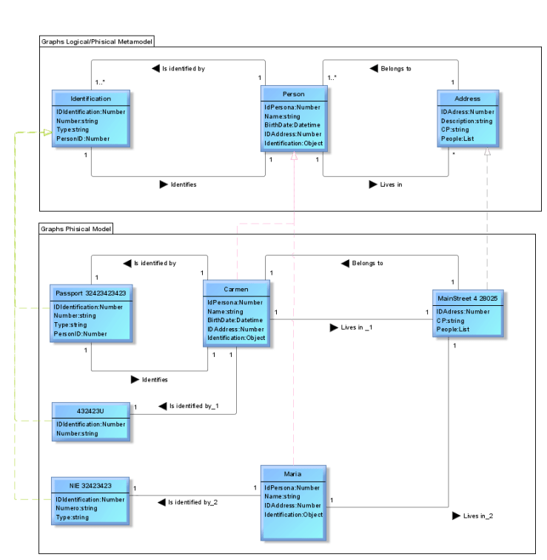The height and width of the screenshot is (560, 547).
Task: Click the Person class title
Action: click(x=293, y=94)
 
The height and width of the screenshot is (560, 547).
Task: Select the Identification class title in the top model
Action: click(x=91, y=99)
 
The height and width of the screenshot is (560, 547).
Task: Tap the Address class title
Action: click(x=467, y=99)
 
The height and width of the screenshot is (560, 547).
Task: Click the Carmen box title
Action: click(x=236, y=289)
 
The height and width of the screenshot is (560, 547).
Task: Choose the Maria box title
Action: click(x=292, y=473)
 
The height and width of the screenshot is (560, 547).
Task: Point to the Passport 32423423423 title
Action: click(x=91, y=293)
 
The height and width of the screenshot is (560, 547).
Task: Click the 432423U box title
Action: click(x=91, y=410)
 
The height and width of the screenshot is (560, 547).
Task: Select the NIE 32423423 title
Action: click(x=91, y=485)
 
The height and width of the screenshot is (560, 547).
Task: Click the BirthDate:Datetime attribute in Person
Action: click(x=293, y=125)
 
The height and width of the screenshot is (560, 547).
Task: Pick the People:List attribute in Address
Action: click(x=458, y=139)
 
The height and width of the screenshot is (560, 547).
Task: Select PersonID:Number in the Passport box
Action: click(x=81, y=334)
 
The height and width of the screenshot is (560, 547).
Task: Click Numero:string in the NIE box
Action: click(x=77, y=508)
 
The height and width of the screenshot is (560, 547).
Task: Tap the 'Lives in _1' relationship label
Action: click(x=356, y=327)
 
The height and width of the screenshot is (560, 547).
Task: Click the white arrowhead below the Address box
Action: click(x=486, y=152)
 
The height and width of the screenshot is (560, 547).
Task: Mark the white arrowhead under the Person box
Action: click(x=294, y=155)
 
